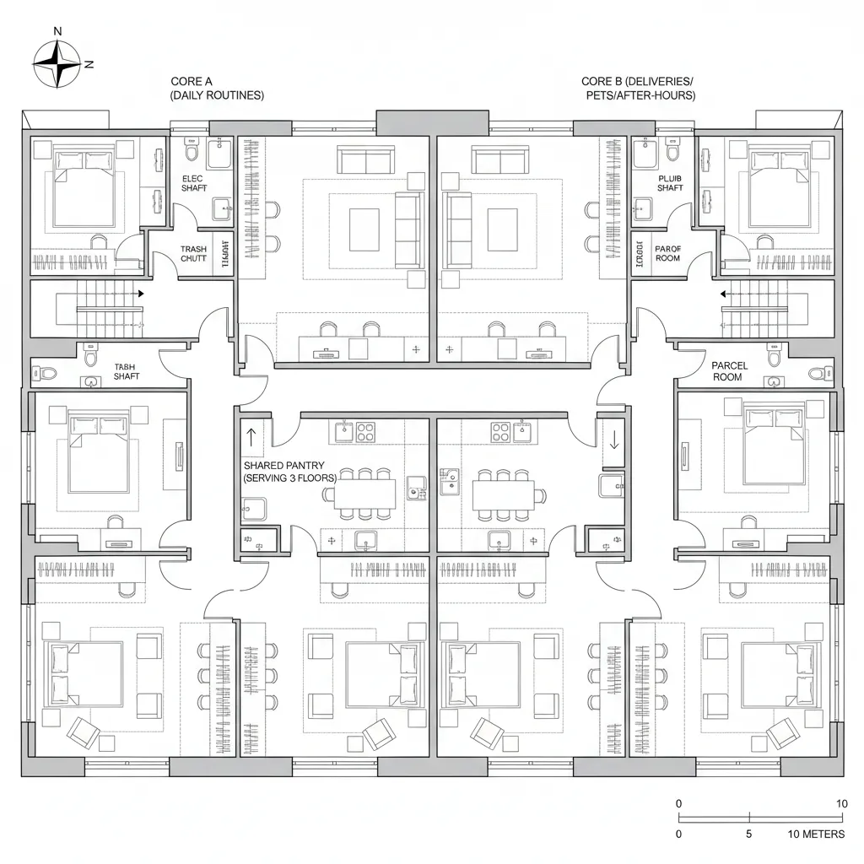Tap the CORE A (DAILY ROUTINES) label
[217, 89]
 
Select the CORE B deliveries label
[639, 89]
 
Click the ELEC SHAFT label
[194, 183]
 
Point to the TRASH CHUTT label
[193, 254]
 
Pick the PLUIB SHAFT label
[670, 183]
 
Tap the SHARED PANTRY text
[289, 472]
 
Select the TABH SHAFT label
[127, 371]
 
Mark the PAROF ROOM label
[667, 254]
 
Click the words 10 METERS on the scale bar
[815, 834]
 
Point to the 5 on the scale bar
[750, 834]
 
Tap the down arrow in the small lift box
[613, 440]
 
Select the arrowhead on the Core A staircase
[140, 294]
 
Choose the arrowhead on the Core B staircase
[724, 294]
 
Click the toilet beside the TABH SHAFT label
[48, 372]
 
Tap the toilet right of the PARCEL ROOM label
[816, 372]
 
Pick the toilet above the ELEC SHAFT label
[191, 153]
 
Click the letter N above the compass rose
[57, 31]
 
